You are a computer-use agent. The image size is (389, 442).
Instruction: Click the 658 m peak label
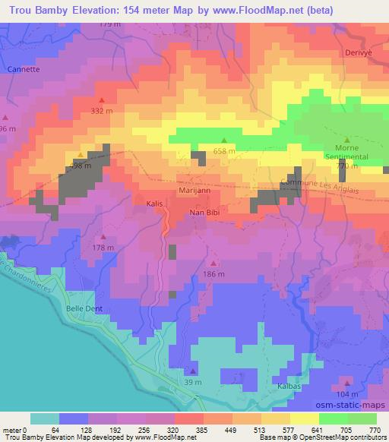tap(224, 151)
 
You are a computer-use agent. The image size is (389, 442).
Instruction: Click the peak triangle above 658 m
tap(224, 140)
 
